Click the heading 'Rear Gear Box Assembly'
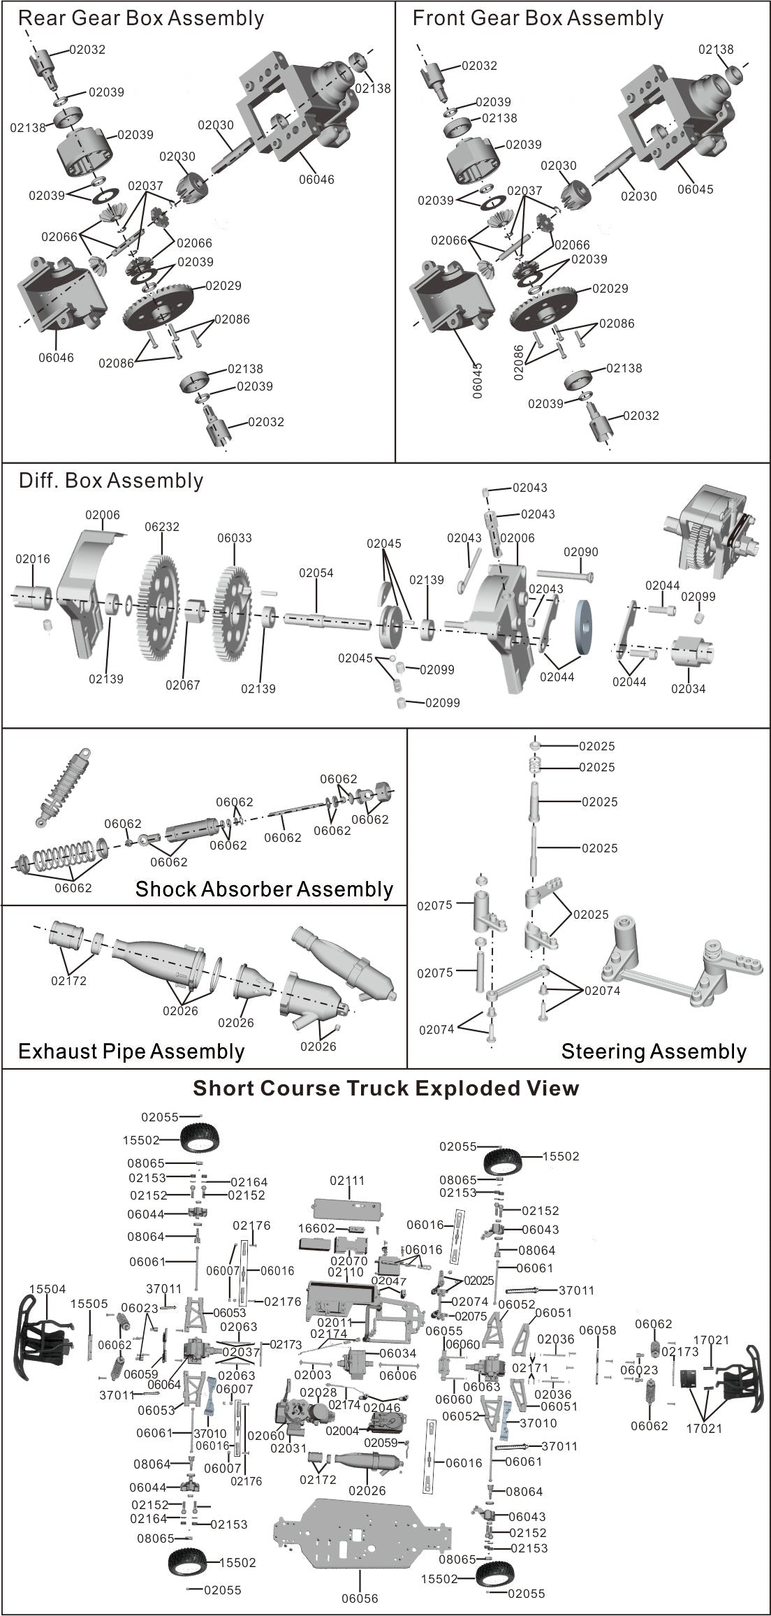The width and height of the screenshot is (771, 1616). pos(141,18)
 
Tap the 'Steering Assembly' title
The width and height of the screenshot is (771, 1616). pos(654,1051)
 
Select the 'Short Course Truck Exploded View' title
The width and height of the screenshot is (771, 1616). pos(385,1089)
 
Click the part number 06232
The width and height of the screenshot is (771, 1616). pos(162,527)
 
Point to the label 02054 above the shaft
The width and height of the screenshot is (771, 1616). pos(316,573)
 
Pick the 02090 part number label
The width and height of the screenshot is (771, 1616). pos(581,552)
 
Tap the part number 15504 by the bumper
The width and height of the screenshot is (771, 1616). pos(47,1289)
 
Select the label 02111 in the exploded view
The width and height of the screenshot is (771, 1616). pos(347,1181)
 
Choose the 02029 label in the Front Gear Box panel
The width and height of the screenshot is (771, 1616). pos(610,288)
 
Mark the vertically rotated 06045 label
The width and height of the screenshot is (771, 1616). pos(478,381)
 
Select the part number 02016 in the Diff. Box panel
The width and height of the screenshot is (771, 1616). pos(33,559)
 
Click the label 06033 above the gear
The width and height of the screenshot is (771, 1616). pos(235,539)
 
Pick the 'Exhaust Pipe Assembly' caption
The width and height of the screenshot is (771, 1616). pos(131,1051)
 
